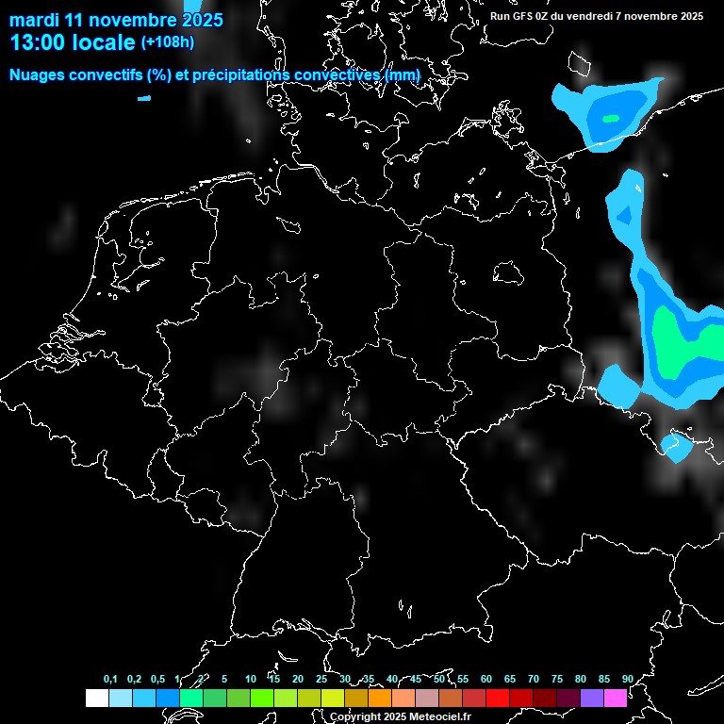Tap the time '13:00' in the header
point(40,42)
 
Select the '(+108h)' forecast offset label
point(168,42)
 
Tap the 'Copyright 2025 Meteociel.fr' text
point(400,716)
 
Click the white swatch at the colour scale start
point(96,698)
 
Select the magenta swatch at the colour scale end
point(616,698)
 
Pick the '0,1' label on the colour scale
point(110,679)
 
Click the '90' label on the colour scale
point(628,679)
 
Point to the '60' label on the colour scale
point(486,679)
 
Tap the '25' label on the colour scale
point(321,679)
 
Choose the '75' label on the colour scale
point(557,679)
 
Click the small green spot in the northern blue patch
point(611,118)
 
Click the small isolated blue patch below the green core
point(676,445)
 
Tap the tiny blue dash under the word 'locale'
point(143,97)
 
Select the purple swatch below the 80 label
point(592,698)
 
